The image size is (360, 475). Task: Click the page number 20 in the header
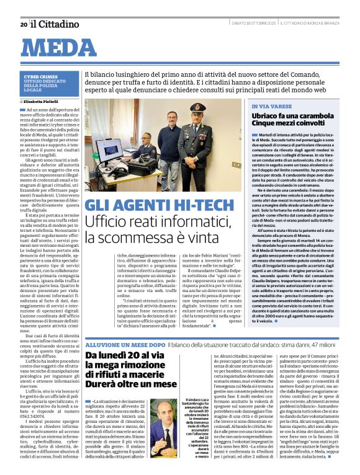click(x=24, y=24)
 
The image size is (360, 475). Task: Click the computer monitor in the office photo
click(x=110, y=150)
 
